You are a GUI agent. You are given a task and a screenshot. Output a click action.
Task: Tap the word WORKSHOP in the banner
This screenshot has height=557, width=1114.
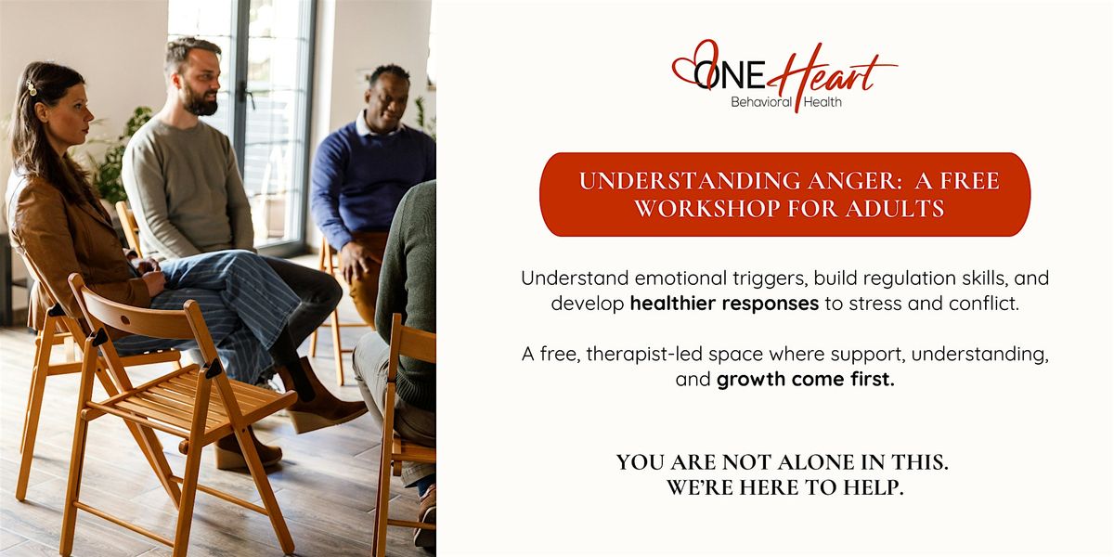click(707, 208)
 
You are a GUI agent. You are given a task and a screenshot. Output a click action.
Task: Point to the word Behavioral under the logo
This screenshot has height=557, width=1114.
click(761, 102)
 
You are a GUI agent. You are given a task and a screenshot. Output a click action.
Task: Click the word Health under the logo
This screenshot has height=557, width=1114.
click(823, 102)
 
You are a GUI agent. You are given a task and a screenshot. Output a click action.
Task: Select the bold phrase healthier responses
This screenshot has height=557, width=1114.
click(724, 304)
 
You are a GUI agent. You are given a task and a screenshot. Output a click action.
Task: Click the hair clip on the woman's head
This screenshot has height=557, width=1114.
click(32, 87)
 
